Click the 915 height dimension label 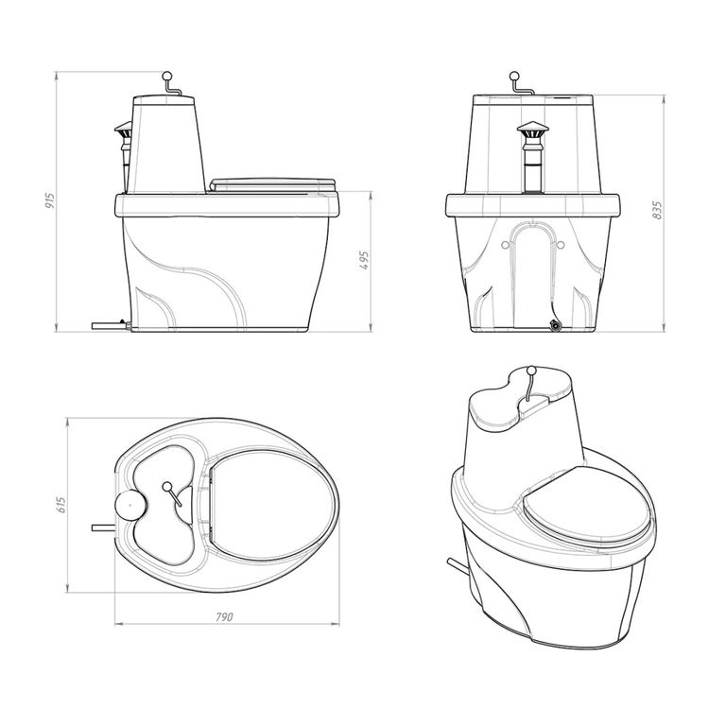click(50, 200)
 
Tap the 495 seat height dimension click(363, 261)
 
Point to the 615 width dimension click(60, 505)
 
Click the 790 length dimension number click(224, 617)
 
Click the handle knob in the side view click(167, 76)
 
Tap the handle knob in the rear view click(514, 76)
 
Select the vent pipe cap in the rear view click(532, 129)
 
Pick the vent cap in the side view click(123, 129)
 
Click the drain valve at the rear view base click(554, 325)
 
